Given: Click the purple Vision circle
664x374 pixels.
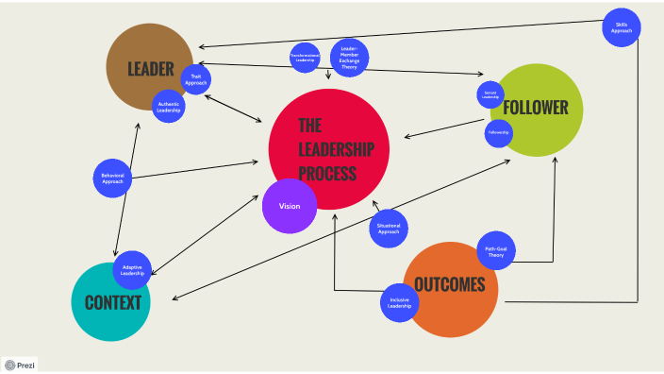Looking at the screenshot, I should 290,206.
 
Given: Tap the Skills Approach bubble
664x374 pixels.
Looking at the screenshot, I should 622,26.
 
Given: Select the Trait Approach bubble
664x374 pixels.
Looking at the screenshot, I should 196,79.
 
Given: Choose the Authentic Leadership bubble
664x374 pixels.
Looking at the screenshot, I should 169,106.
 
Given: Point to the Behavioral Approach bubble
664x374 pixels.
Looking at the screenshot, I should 112,178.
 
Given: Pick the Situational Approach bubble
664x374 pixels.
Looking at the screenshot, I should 389,228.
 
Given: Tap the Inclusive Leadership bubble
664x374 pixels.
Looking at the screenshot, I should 400,302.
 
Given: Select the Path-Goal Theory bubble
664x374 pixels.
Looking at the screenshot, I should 495,251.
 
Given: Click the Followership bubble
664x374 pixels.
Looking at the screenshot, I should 499,133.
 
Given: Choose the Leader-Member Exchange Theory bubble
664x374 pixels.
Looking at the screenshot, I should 349,58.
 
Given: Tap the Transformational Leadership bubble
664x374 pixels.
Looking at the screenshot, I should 306,58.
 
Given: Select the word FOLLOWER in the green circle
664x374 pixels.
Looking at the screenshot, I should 536,108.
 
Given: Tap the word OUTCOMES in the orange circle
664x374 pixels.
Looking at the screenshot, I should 450,284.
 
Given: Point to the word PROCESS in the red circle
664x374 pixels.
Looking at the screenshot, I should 327,173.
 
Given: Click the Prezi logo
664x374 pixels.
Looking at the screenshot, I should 21,365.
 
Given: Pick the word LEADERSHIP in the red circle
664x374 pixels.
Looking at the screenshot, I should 337,149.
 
